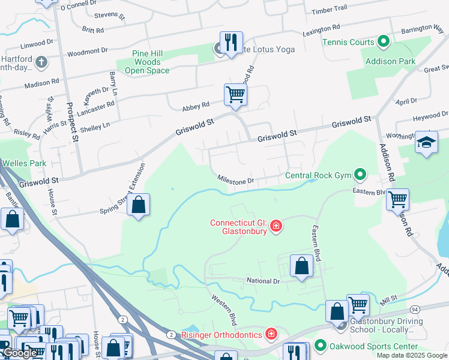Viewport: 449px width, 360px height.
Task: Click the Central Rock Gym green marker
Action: click(x=360, y=175)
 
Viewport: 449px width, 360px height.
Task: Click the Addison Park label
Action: click(x=390, y=61)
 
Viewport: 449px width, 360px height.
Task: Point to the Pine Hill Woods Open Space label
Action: click(x=147, y=62)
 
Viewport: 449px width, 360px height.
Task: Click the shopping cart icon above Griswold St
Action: click(x=235, y=94)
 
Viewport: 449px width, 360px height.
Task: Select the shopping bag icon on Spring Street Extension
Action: click(x=139, y=205)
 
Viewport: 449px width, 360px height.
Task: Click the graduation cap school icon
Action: click(x=426, y=142)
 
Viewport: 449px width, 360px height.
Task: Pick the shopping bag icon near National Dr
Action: click(x=301, y=265)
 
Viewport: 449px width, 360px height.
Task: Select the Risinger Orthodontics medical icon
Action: click(x=271, y=334)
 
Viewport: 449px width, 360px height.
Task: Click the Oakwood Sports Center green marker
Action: click(x=321, y=346)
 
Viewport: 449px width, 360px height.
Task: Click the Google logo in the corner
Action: click(x=19, y=353)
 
